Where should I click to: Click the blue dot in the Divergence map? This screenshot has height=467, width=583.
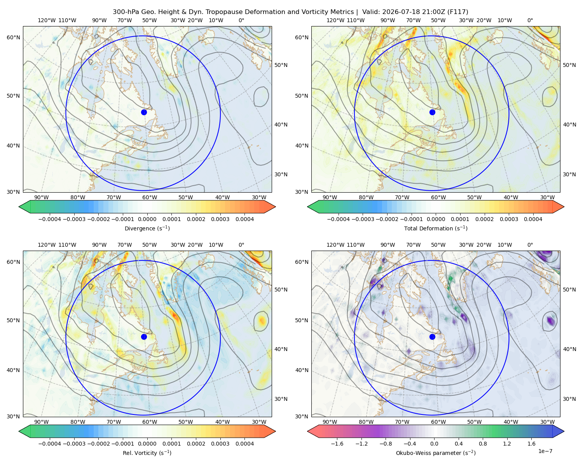tap(144, 112)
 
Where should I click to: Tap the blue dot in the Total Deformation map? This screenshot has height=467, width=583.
tap(432, 112)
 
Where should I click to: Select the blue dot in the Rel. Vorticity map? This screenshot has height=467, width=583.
tap(144, 337)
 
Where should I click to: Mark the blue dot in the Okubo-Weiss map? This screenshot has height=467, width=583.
tap(432, 337)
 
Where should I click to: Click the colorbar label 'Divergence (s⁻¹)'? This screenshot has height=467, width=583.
tap(147, 228)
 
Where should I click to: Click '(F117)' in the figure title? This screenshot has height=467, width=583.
tap(457, 12)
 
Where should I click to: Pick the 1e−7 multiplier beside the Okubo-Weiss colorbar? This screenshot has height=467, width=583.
tap(545, 451)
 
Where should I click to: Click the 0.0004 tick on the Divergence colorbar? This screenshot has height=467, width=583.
tap(244, 219)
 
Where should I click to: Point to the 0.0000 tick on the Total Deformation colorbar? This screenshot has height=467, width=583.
tap(436, 219)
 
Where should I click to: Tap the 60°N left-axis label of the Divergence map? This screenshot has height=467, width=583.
tap(13, 37)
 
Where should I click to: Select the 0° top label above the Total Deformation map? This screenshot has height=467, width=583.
tap(530, 20)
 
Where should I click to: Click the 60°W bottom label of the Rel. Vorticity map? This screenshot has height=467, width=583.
tap(150, 422)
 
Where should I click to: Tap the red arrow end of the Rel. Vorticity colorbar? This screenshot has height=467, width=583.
tap(270, 431)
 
